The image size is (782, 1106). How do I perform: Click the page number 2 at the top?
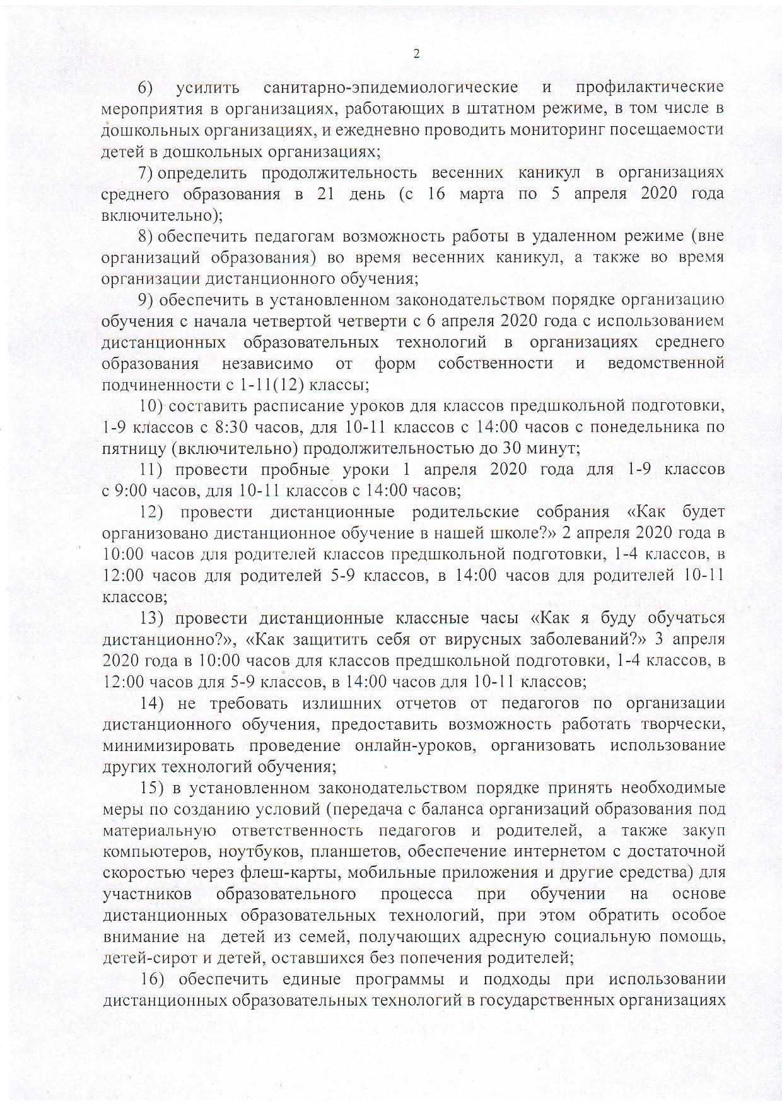coord(416,54)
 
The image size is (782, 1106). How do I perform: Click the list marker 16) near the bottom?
coord(152,979)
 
